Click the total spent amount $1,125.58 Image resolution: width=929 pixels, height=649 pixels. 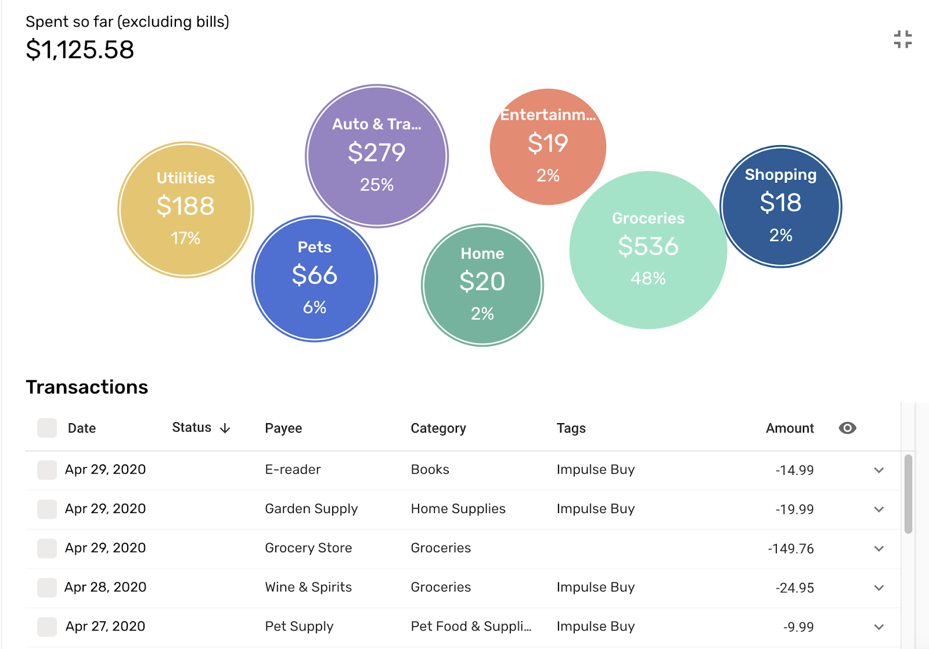point(80,50)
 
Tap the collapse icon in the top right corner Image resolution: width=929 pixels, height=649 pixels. point(902,39)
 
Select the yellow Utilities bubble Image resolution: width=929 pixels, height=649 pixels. point(185,210)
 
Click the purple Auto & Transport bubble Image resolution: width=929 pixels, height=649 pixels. point(377,156)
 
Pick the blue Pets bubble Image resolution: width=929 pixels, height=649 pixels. point(315,279)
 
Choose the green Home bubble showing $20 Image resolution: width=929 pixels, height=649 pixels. point(482,285)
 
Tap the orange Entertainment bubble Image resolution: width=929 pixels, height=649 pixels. point(548,147)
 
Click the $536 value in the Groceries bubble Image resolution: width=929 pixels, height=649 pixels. point(648,246)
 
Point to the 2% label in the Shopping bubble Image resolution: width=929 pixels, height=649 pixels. point(780,235)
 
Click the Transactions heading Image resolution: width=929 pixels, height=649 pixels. point(87,387)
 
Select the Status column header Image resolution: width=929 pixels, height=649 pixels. point(192,428)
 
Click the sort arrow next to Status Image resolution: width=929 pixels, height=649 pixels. point(225,428)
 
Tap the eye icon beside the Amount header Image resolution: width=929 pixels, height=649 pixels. point(847,428)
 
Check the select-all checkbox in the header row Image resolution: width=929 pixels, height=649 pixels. point(47,428)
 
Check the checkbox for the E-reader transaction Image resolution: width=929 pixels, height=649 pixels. point(47,470)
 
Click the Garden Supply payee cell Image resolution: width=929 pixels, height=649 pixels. point(311,509)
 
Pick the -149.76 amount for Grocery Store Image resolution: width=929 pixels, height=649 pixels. point(790,549)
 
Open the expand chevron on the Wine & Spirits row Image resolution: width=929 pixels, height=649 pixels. point(878,588)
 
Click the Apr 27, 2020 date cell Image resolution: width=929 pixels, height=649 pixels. point(105,627)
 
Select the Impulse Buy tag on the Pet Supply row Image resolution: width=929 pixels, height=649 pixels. point(595,627)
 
